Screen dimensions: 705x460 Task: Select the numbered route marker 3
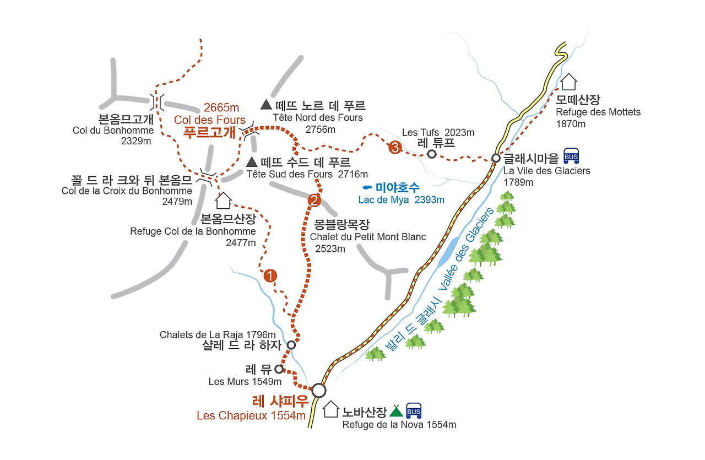click(x=394, y=147)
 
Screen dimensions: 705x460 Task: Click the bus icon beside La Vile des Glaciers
click(x=571, y=156)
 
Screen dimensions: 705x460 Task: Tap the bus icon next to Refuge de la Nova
click(x=413, y=410)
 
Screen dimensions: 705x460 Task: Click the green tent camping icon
click(x=396, y=410)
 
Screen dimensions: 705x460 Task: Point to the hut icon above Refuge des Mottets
click(x=568, y=82)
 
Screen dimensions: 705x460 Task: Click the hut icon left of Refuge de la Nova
click(x=330, y=409)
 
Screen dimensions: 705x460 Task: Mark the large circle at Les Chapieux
click(x=318, y=390)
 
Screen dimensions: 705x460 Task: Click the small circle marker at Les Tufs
click(x=432, y=154)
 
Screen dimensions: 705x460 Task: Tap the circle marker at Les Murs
click(x=279, y=369)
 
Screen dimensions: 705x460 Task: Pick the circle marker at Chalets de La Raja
click(x=291, y=345)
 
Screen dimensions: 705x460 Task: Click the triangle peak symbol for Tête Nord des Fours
click(x=266, y=104)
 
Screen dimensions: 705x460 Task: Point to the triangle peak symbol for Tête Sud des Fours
click(x=251, y=162)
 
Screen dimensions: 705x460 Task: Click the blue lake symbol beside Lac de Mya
click(x=367, y=188)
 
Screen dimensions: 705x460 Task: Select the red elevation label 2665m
click(x=221, y=107)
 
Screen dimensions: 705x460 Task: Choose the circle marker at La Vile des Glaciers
click(x=496, y=158)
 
